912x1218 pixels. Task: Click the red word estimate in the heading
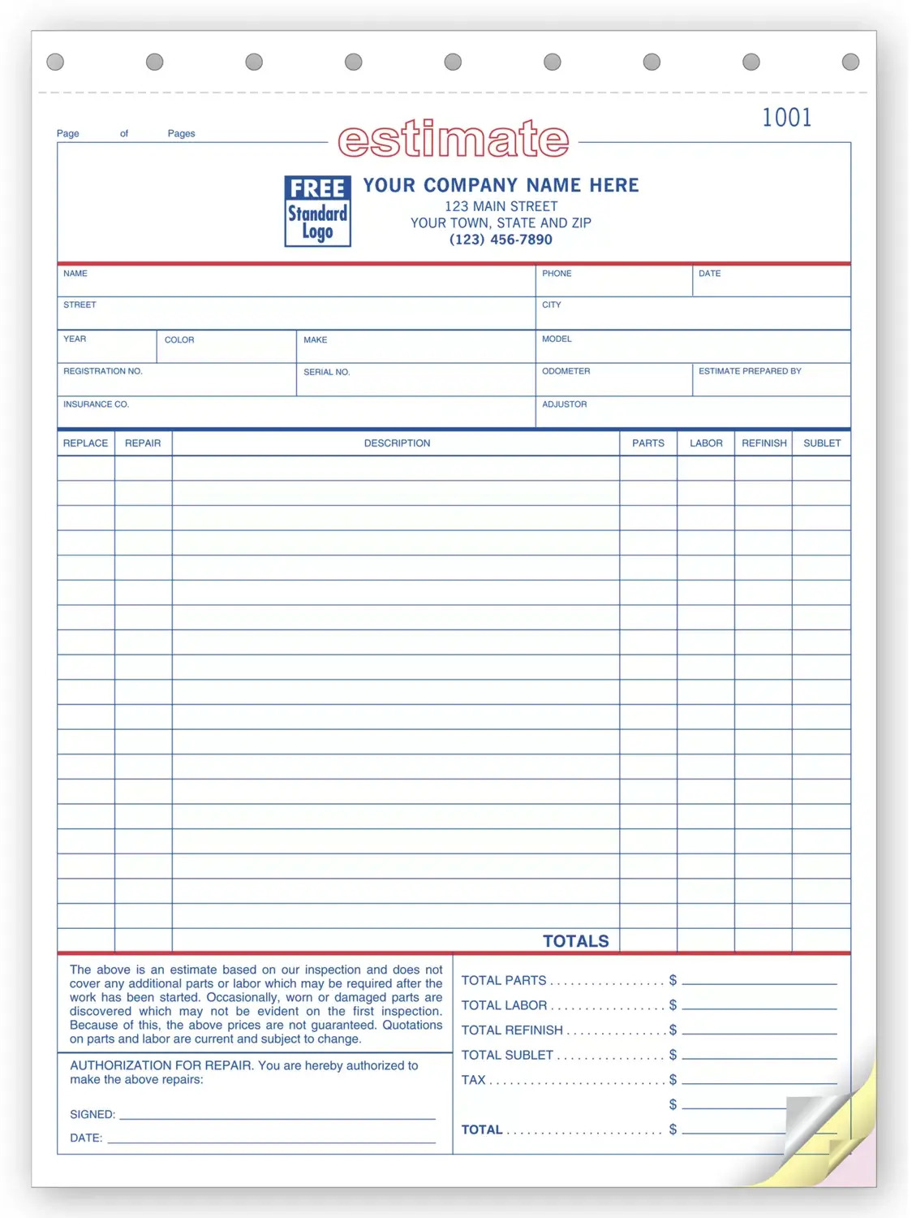click(x=453, y=140)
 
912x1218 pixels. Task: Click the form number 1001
click(x=786, y=118)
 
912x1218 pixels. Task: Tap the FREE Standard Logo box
click(x=317, y=211)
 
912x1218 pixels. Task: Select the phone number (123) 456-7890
click(x=501, y=240)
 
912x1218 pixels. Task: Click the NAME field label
click(x=75, y=274)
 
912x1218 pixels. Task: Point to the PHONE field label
click(x=557, y=274)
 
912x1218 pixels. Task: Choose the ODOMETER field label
click(x=566, y=371)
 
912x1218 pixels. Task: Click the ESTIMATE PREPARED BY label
click(x=750, y=371)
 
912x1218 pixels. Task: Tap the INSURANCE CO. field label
click(x=96, y=404)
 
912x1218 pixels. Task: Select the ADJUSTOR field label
click(x=564, y=404)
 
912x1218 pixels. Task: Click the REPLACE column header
click(x=85, y=443)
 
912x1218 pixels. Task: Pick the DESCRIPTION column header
click(x=397, y=443)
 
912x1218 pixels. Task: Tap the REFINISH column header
click(x=764, y=443)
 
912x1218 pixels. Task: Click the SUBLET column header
click(x=822, y=443)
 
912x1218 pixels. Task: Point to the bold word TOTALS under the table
click(x=575, y=941)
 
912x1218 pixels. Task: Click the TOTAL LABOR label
click(x=504, y=1005)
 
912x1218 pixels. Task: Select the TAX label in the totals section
click(x=473, y=1080)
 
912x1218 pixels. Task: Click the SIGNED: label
click(x=92, y=1115)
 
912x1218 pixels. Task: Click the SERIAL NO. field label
click(x=326, y=372)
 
